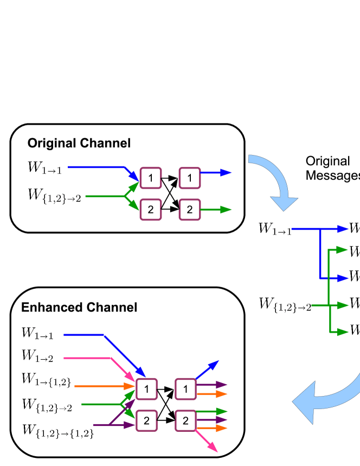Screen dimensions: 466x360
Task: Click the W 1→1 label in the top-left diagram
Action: [44, 168]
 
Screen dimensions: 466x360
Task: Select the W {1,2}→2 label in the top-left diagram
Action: [54, 196]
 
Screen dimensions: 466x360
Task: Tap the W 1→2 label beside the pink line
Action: [37, 356]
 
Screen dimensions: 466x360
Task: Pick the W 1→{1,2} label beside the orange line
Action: [46, 380]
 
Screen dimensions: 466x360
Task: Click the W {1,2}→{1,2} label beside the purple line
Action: [58, 431]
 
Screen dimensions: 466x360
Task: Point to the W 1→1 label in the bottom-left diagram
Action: [37, 333]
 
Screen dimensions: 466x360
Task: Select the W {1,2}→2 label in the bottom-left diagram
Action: [47, 405]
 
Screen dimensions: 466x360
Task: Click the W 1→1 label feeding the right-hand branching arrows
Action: [275, 229]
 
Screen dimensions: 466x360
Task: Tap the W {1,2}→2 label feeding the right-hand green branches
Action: [285, 305]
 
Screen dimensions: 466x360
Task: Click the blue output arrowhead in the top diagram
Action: [226, 172]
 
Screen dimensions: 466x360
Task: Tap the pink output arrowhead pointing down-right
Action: [213, 447]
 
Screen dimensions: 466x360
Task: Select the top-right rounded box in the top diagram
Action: [190, 178]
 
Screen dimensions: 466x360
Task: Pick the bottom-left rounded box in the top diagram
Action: [151, 210]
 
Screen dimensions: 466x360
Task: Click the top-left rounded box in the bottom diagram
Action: [146, 389]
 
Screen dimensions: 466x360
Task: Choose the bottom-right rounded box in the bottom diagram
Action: [185, 420]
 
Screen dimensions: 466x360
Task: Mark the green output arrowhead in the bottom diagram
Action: [222, 412]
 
